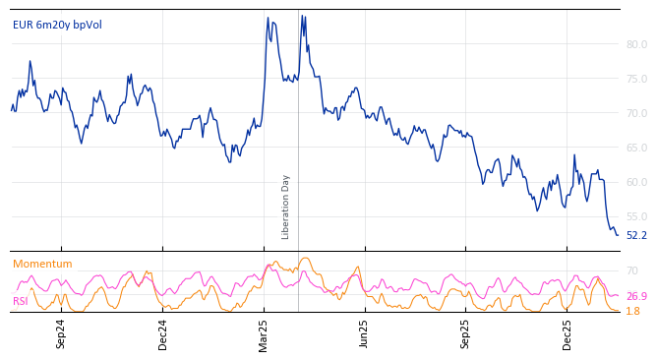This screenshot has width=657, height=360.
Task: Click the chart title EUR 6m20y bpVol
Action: click(x=57, y=25)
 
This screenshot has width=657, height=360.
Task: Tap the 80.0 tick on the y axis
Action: click(x=636, y=44)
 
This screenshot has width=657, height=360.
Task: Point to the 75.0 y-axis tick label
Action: click(x=636, y=79)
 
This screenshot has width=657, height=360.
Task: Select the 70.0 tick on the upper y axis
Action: click(x=636, y=113)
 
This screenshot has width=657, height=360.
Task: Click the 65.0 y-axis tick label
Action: click(x=636, y=148)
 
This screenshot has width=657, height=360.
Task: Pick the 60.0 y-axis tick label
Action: click(x=636, y=182)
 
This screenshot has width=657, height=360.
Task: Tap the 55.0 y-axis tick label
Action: click(x=636, y=216)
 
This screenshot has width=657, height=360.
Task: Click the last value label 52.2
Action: click(x=636, y=236)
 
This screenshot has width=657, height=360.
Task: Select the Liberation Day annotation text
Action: click(x=286, y=207)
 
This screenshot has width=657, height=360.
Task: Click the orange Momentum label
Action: click(x=42, y=264)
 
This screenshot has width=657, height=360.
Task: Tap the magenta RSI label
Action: click(x=21, y=301)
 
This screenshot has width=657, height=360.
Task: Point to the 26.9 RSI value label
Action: click(x=636, y=296)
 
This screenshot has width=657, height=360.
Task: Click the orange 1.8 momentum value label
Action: click(x=632, y=311)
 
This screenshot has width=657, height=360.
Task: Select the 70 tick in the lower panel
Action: click(x=632, y=270)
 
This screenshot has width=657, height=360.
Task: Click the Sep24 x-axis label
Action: click(x=61, y=333)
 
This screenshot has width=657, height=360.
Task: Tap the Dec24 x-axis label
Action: click(x=163, y=333)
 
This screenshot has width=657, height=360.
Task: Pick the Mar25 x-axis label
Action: click(x=264, y=333)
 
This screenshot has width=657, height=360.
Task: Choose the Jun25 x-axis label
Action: click(x=365, y=333)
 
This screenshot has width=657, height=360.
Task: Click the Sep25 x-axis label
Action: click(x=466, y=333)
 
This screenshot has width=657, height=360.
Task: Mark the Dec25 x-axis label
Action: click(x=567, y=333)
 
